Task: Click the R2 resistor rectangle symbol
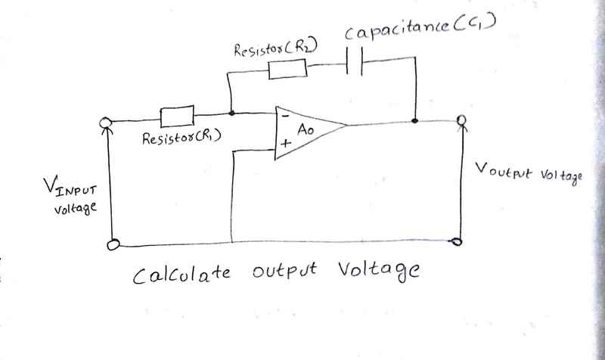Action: [x=288, y=69]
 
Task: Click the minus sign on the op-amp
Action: [x=283, y=116]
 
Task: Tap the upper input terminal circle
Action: [x=109, y=123]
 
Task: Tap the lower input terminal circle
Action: [x=114, y=244]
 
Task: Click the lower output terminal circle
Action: [x=456, y=242]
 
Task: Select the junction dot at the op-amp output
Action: [x=414, y=119]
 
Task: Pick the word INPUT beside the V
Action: [x=76, y=188]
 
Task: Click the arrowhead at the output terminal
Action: [x=458, y=127]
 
